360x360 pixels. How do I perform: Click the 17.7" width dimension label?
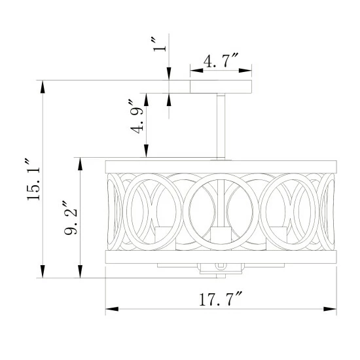(x=221, y=298)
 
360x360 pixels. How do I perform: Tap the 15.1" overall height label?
(x=33, y=179)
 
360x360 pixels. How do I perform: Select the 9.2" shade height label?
(x=70, y=218)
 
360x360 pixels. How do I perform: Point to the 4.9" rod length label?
(x=137, y=117)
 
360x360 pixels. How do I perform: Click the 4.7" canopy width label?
(x=221, y=60)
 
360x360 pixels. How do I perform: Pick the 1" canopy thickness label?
(x=159, y=45)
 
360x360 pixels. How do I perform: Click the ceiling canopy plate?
(x=221, y=86)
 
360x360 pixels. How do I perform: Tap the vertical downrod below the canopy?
(x=221, y=126)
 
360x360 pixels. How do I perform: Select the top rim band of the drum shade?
(x=221, y=167)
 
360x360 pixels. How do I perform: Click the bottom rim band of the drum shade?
(x=221, y=257)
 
